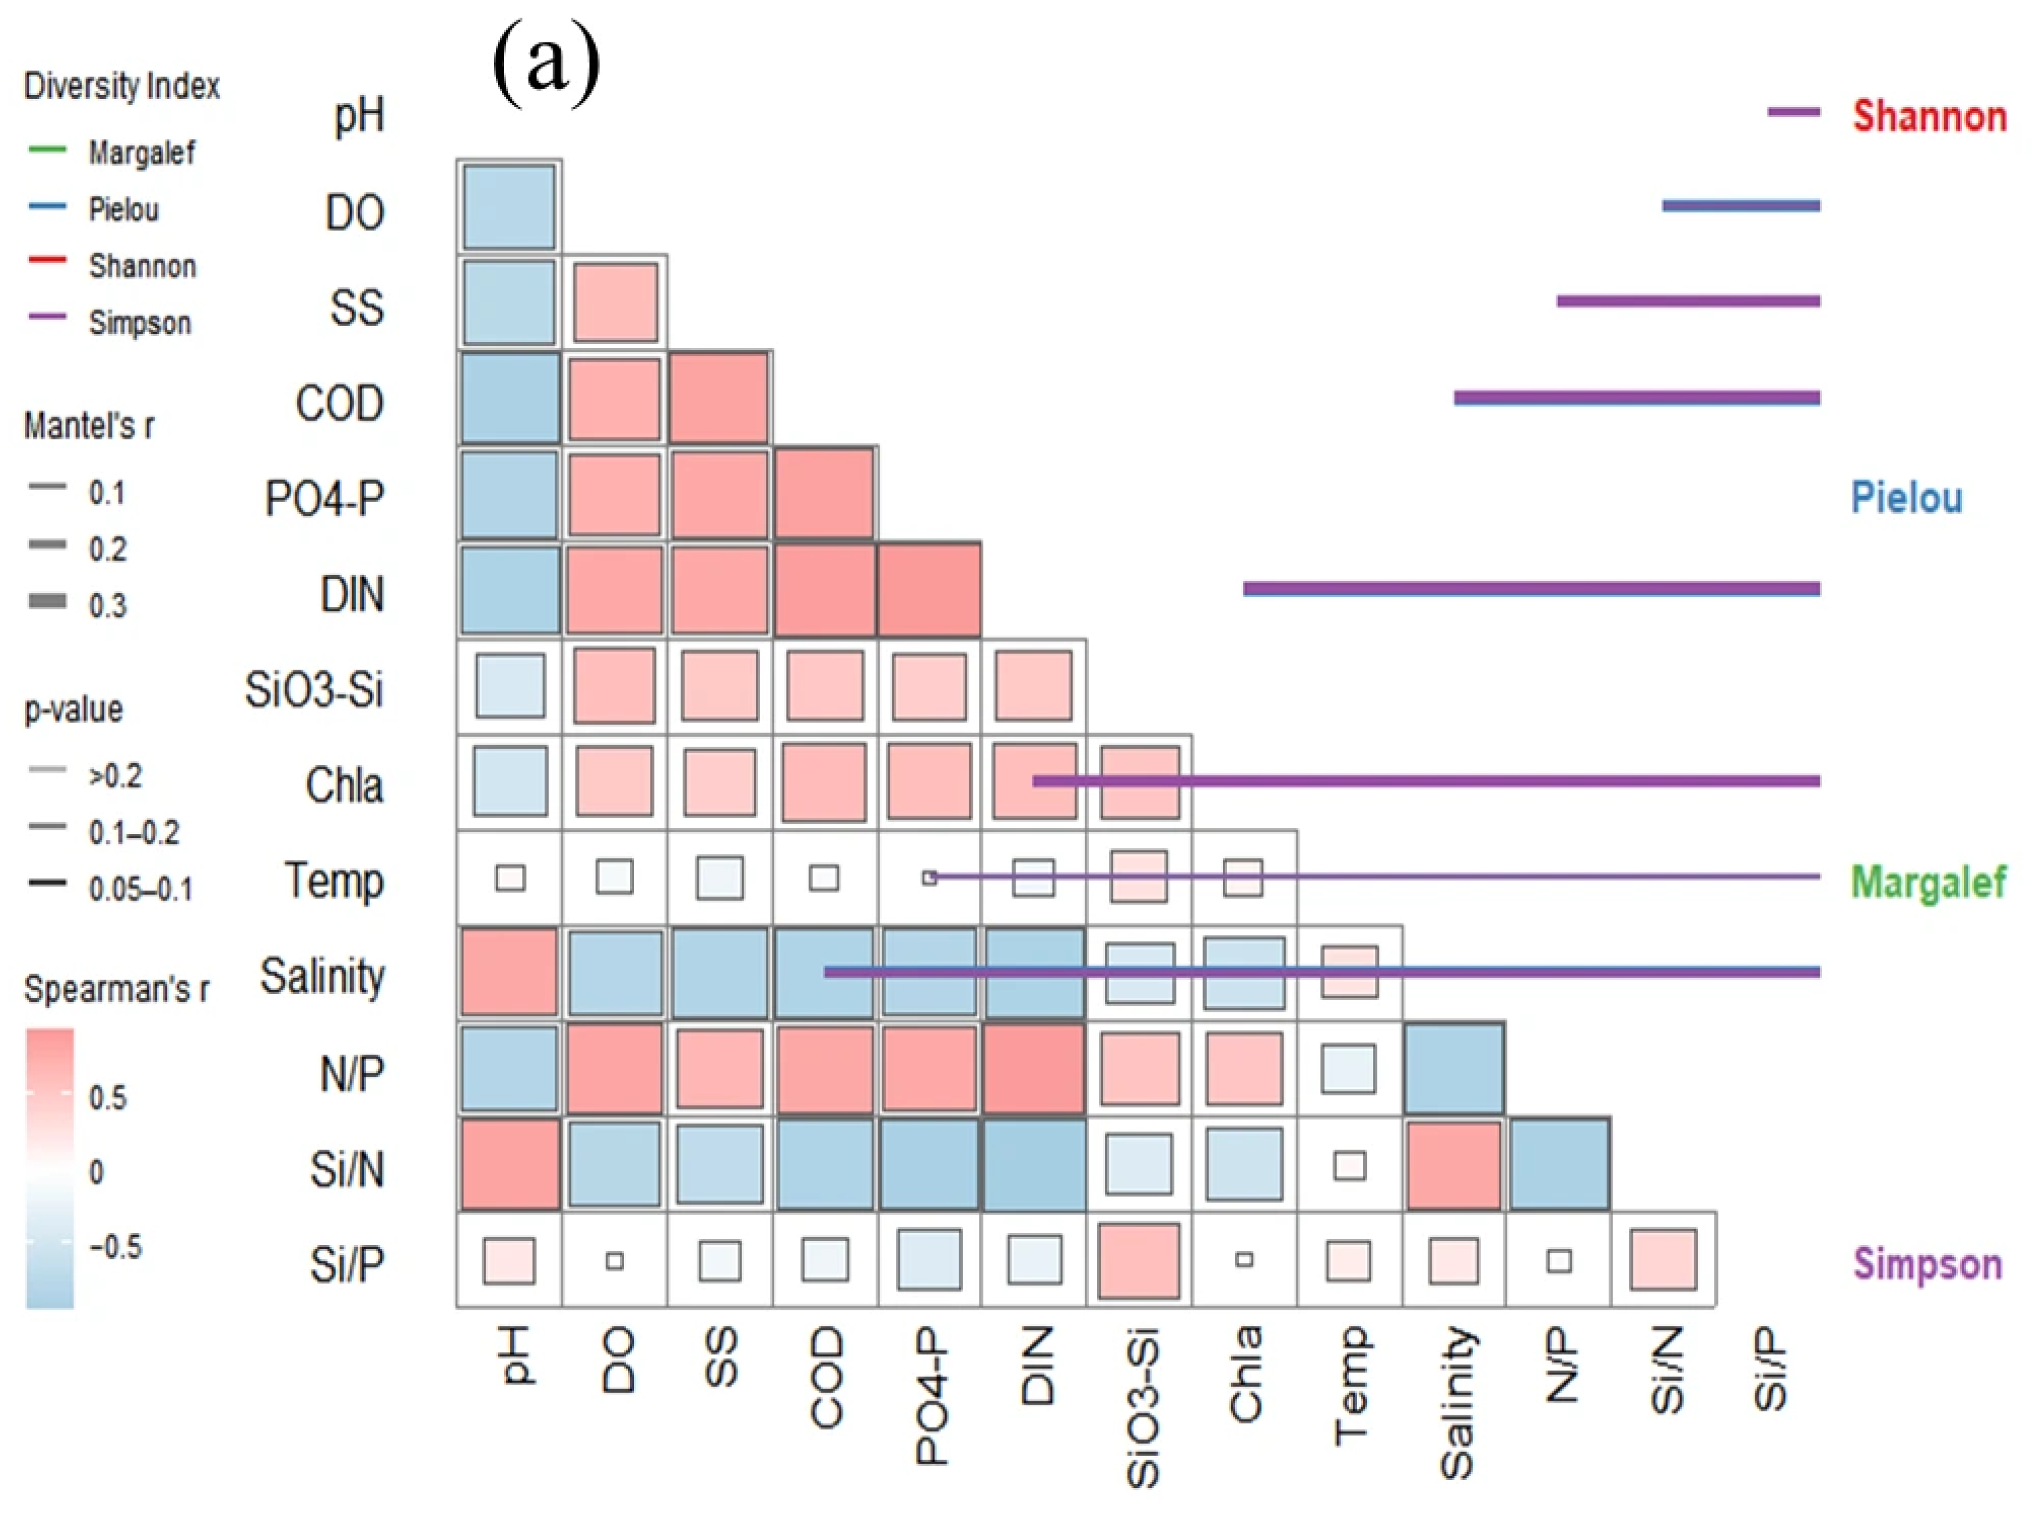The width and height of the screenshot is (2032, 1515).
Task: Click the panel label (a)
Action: [x=547, y=63]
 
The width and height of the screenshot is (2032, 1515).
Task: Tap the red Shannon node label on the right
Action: [x=1929, y=116]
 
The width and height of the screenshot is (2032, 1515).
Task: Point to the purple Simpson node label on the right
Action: [x=1928, y=1264]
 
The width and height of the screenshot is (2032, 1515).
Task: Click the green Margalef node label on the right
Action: [x=1928, y=882]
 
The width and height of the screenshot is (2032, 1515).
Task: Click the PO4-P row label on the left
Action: [x=324, y=499]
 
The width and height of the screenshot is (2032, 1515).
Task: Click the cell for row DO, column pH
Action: [x=509, y=207]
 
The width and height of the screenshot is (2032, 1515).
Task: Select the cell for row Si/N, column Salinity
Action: [x=1455, y=1164]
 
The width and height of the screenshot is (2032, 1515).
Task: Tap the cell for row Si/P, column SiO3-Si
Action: [x=1139, y=1260]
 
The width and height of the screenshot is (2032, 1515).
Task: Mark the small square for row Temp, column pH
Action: [x=510, y=878]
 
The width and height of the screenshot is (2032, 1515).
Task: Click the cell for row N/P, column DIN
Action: [x=1033, y=1069]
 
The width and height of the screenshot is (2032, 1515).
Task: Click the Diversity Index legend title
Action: [x=122, y=86]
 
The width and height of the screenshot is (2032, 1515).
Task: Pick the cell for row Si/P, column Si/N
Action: [x=1663, y=1260]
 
